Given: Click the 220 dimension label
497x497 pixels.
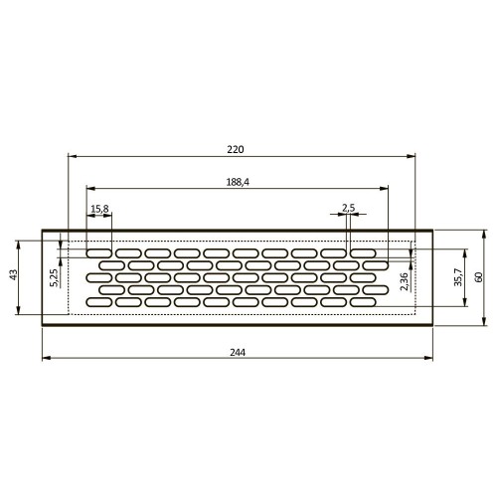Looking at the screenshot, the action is (236, 149).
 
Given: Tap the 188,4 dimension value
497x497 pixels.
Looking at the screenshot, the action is (238, 182).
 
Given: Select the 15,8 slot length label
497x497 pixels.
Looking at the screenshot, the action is (99, 209).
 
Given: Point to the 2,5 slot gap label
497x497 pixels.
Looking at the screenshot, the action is (348, 208).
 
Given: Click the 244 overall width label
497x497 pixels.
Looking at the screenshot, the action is (238, 352).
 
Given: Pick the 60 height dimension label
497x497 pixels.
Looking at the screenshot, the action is (478, 277).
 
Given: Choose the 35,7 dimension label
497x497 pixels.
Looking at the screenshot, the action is (458, 278).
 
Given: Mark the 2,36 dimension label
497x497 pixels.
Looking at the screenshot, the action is (405, 282).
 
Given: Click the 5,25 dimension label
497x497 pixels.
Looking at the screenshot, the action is (54, 277).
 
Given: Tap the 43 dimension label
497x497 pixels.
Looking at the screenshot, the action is (14, 274).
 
